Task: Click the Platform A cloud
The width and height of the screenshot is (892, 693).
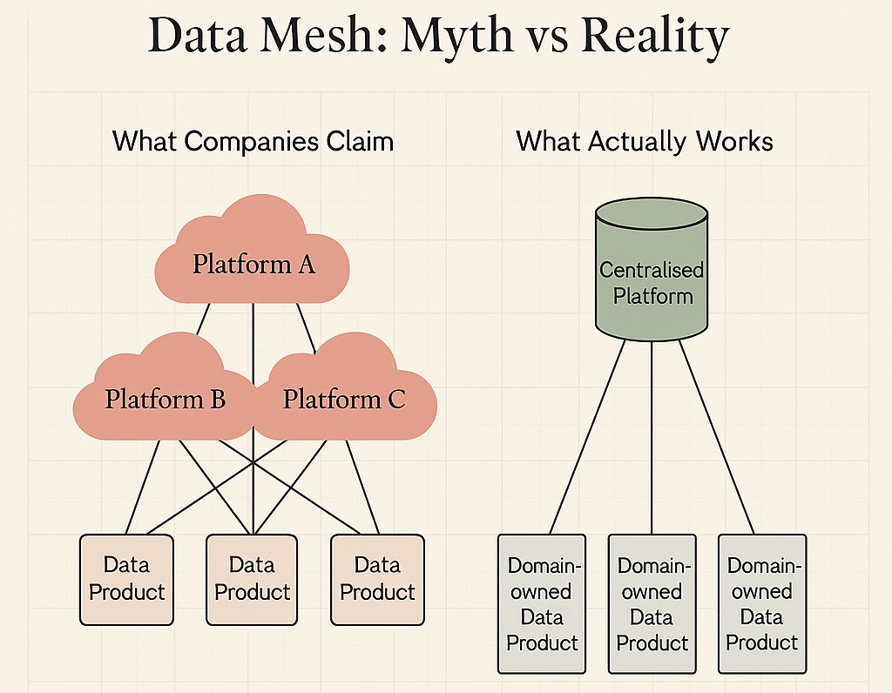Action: coord(253,261)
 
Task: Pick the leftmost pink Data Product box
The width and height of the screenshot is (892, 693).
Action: coord(127,579)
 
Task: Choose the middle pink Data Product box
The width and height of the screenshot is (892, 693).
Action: coord(253,579)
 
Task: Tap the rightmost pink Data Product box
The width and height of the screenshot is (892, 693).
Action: coord(378,579)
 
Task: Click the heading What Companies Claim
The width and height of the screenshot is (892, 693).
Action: coord(253,140)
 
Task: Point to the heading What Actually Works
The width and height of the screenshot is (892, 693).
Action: coord(645,140)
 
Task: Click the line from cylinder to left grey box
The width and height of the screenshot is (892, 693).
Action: coord(586,435)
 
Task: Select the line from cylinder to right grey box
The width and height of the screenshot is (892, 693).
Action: coord(716,435)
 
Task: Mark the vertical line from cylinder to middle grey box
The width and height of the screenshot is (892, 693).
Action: coord(652,435)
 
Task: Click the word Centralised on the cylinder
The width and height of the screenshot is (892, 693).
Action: coord(652,270)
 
